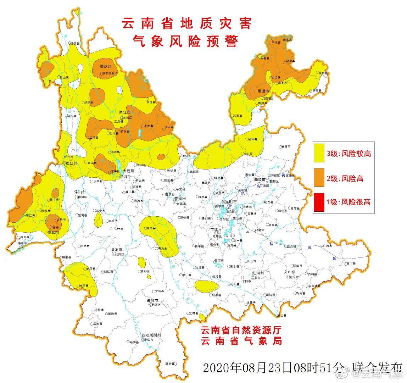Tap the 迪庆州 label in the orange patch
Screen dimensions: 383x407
(106, 66)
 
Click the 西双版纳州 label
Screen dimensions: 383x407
(151, 335)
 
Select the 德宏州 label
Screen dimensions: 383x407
(53, 232)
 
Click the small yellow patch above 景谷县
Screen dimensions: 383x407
(142, 262)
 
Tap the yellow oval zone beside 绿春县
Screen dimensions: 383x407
(206, 285)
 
